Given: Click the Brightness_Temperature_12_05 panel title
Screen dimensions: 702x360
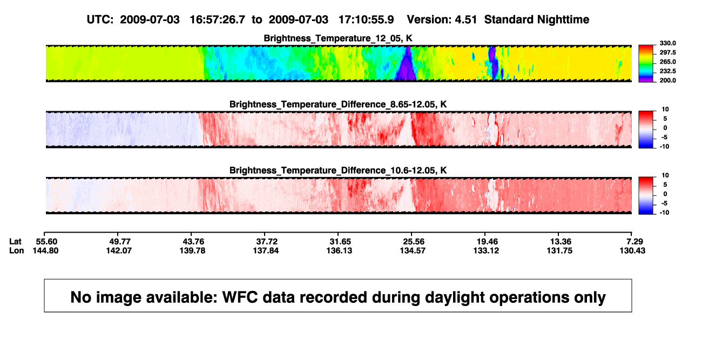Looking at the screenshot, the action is tap(338, 38).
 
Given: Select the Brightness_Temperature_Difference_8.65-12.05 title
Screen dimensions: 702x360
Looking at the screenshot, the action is tap(338, 104).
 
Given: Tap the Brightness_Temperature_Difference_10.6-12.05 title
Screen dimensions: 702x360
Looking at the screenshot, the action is tap(338, 171).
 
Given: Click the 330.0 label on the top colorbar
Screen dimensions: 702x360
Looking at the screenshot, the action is tap(667, 43).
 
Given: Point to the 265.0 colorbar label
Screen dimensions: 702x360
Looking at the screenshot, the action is tap(667, 62).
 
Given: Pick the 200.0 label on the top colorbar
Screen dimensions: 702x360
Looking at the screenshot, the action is tap(667, 80).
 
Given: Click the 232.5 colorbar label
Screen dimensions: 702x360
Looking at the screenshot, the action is tap(667, 71).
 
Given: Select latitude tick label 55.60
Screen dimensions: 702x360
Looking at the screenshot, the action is tap(46, 242).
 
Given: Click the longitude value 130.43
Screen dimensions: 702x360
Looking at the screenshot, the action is tap(632, 250).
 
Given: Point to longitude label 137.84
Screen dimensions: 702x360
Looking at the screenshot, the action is tap(266, 250).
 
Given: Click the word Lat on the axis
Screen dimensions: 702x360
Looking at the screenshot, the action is tap(15, 242).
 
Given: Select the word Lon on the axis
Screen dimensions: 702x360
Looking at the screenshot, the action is tap(16, 250).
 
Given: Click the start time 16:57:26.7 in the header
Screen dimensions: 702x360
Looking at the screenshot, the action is tap(217, 20).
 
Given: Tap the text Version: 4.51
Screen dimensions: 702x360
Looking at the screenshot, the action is tap(442, 20).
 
